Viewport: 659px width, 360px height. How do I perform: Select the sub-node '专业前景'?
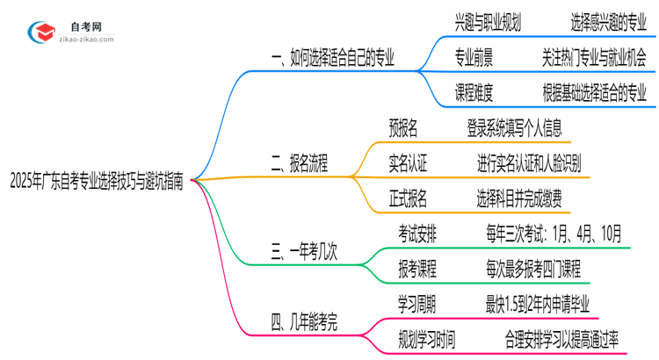click(474, 58)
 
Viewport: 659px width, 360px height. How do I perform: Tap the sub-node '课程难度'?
click(474, 91)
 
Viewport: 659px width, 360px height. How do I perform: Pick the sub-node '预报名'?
click(407, 128)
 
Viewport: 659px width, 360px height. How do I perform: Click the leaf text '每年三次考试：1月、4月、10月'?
click(554, 234)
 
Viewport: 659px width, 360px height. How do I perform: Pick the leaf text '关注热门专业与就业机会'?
click(595, 58)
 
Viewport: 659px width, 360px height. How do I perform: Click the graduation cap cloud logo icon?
click(42, 33)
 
